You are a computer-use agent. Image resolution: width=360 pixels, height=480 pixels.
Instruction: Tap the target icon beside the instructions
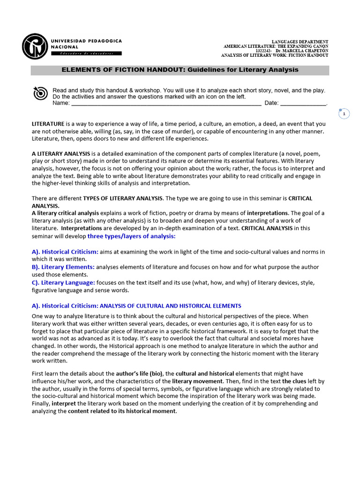(x=40, y=94)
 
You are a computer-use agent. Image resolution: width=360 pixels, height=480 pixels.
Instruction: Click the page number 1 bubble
(x=344, y=114)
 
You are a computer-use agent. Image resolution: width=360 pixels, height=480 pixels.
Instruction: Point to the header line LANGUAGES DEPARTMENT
(x=300, y=42)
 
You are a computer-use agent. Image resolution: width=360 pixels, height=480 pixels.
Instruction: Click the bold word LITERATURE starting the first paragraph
(x=48, y=124)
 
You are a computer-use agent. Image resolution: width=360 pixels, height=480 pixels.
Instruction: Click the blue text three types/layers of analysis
(x=131, y=236)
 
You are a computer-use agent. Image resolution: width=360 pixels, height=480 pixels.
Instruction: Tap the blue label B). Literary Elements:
(x=63, y=267)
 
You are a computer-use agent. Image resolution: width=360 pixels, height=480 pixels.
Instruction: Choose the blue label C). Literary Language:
(x=64, y=283)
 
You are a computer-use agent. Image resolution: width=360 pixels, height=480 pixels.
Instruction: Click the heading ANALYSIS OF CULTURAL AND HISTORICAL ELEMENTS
(x=171, y=306)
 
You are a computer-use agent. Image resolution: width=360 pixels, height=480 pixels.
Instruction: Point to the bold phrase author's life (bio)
(x=139, y=374)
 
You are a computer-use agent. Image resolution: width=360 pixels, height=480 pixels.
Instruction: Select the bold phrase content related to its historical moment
(x=122, y=411)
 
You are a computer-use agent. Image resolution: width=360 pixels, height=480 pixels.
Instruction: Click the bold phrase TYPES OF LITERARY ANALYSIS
(x=123, y=199)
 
